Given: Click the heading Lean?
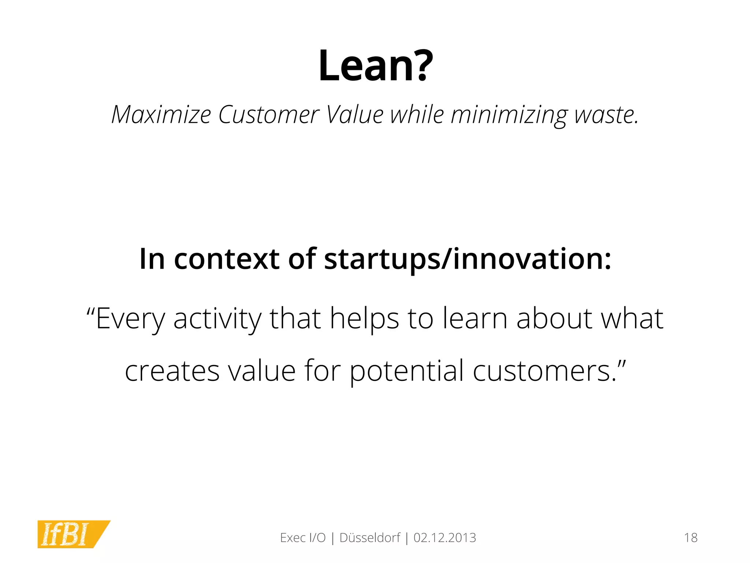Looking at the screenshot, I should click(375, 66).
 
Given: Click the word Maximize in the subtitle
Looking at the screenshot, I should click(161, 115).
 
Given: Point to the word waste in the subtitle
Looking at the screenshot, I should click(606, 115).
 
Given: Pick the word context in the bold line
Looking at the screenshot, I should click(227, 259).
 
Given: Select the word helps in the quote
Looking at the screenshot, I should click(364, 319).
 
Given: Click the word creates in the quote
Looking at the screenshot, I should click(172, 371).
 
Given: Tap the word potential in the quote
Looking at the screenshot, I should click(406, 371).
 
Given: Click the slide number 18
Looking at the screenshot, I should click(691, 538).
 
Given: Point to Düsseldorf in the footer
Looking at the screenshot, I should click(370, 538).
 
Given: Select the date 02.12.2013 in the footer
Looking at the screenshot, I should click(445, 538).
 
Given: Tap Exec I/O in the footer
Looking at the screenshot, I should click(302, 538).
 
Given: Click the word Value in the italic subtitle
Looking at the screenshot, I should click(354, 115).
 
